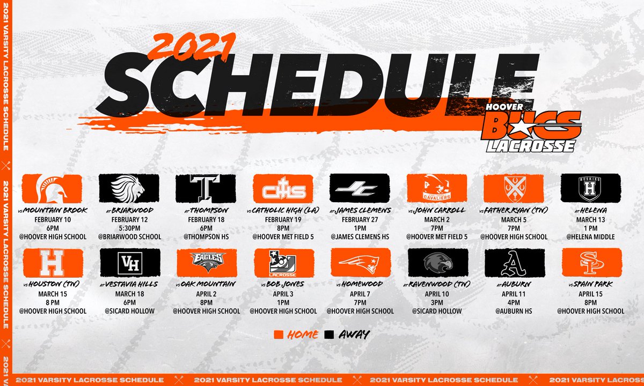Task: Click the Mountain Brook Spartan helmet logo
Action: pyautogui.click(x=53, y=187)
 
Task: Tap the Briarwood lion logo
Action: pyautogui.click(x=129, y=187)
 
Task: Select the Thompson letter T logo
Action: pyautogui.click(x=206, y=188)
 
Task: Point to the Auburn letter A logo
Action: pyautogui.click(x=514, y=263)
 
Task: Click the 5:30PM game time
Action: pyautogui.click(x=129, y=228)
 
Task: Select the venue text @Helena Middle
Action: pyautogui.click(x=591, y=237)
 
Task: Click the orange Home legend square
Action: pyautogui.click(x=279, y=335)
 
